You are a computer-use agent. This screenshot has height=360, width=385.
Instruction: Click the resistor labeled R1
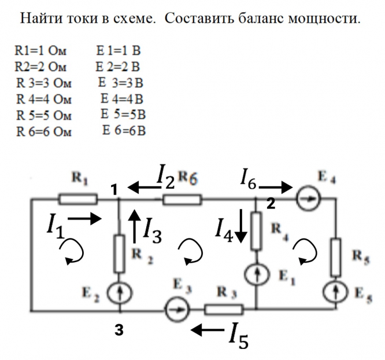click(78, 199)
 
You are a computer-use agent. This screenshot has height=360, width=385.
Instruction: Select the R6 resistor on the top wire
click(182, 200)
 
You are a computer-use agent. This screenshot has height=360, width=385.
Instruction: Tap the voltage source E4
click(308, 199)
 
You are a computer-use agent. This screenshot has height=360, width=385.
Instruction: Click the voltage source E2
click(120, 293)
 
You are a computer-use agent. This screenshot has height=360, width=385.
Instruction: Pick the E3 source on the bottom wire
click(177, 309)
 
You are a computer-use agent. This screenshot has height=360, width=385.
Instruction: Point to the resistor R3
click(224, 310)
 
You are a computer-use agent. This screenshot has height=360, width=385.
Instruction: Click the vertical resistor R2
click(119, 254)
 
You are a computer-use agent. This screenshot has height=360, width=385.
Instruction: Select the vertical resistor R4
click(256, 231)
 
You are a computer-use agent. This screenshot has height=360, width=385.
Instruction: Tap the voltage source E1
click(257, 274)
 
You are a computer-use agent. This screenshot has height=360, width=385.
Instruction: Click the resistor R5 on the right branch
click(336, 257)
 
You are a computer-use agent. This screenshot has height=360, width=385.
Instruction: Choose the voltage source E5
click(336, 292)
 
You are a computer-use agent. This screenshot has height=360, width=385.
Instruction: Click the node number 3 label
click(119, 330)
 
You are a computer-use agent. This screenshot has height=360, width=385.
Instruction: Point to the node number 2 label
click(271, 204)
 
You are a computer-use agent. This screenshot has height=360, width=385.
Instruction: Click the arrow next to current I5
click(207, 330)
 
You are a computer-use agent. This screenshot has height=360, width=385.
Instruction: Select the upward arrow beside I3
click(134, 226)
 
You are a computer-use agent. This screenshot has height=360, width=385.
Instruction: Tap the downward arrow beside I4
click(241, 226)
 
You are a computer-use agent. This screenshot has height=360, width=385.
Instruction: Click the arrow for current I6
click(276, 188)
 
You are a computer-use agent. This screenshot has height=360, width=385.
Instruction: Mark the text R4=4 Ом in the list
click(44, 100)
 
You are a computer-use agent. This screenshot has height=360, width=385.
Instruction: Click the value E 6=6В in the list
click(124, 130)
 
